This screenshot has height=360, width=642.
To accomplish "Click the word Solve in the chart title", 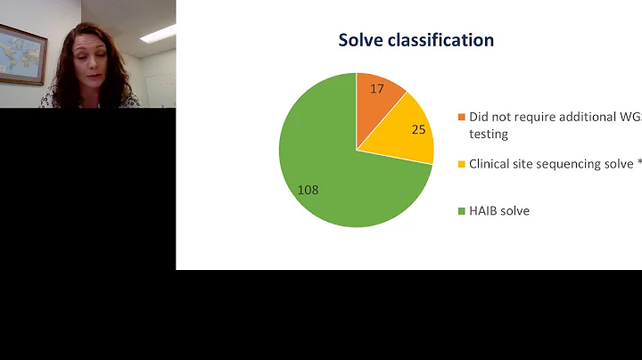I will coord(362,40).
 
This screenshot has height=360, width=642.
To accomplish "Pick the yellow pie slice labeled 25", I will coord(406,134).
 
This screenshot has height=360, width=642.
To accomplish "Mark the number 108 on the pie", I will coord(308,190).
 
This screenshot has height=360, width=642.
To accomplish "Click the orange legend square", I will coord(461,118).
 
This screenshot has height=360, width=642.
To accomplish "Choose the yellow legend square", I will coord(461,164).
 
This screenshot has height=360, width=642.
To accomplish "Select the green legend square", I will coord(461,211).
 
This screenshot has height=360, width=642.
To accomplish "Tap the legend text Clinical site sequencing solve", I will coord(548,164).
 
